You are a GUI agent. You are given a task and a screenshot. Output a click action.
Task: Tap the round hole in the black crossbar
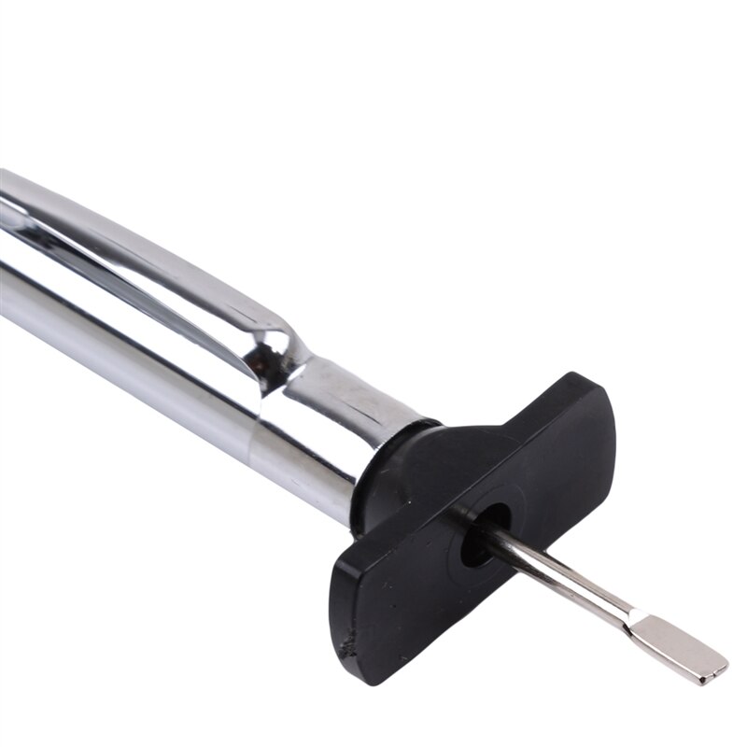click(x=486, y=532)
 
